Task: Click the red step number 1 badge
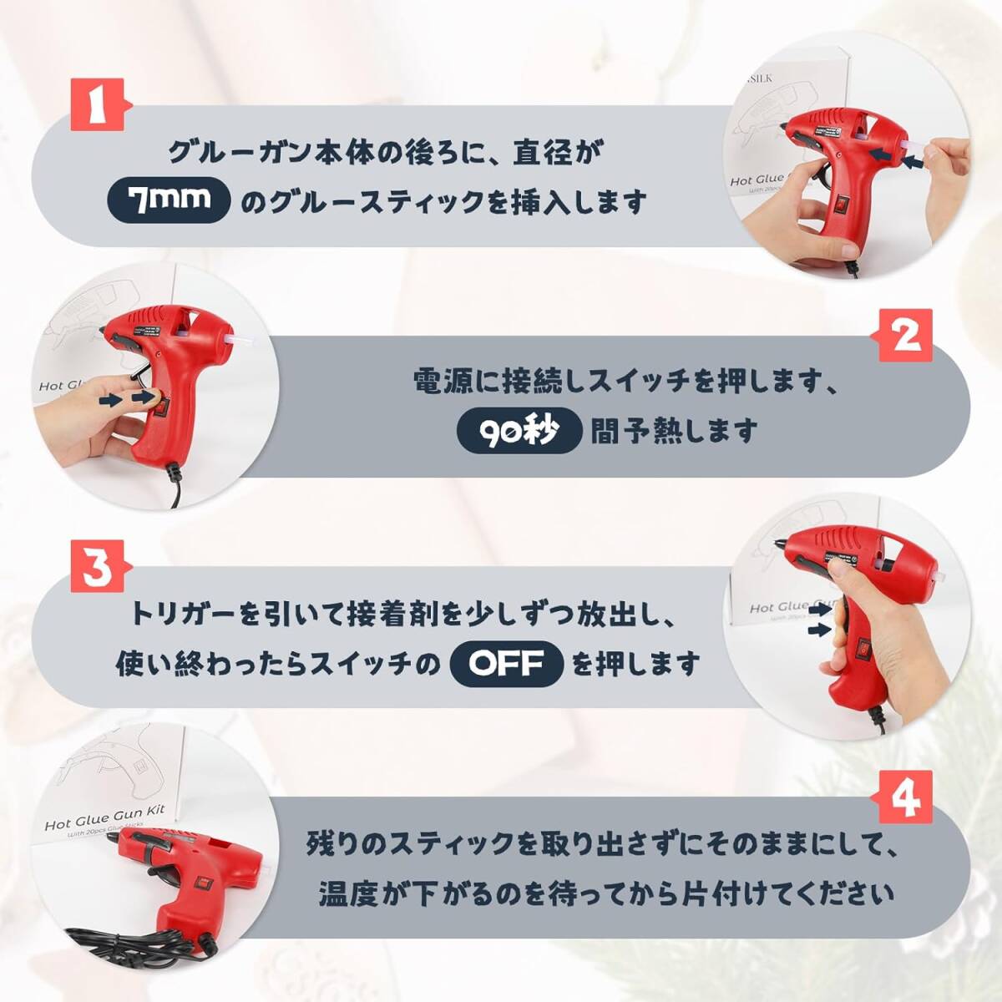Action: pyautogui.click(x=99, y=105)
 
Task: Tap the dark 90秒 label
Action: pyautogui.click(x=519, y=431)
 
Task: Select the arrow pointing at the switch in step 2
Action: pyautogui.click(x=120, y=401)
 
